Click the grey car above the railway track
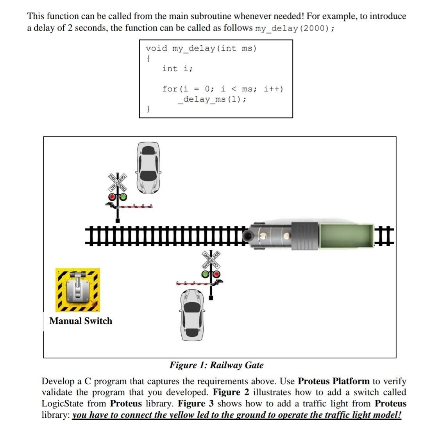148,167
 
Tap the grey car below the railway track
192,315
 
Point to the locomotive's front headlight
247,235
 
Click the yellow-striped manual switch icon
78,290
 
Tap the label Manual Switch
81,321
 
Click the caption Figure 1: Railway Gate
216,365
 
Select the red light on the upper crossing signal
112,197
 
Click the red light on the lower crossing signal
216,274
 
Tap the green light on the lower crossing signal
206,274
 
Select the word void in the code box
156,48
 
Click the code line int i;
177,69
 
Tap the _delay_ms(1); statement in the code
212,99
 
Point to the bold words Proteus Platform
333,381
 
